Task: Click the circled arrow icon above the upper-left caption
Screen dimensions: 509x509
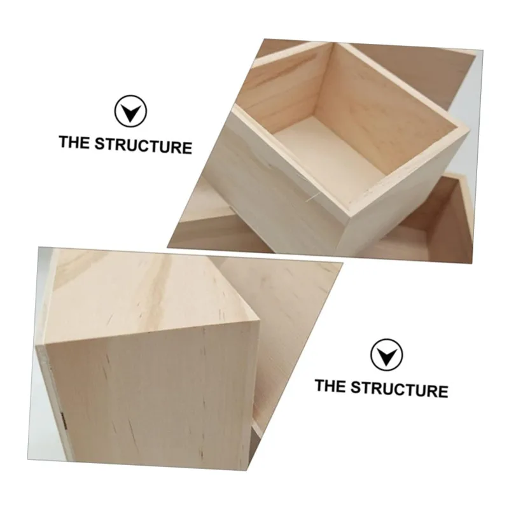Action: tap(130, 111)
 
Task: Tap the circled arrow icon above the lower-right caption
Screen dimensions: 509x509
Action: tap(386, 355)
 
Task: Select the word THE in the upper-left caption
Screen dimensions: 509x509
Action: tap(74, 143)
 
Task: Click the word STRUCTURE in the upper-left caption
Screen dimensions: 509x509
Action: tap(143, 146)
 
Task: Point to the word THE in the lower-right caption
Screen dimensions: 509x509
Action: tap(330, 386)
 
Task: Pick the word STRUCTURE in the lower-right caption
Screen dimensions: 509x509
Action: tap(400, 389)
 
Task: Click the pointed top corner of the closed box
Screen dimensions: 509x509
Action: tap(259, 321)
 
